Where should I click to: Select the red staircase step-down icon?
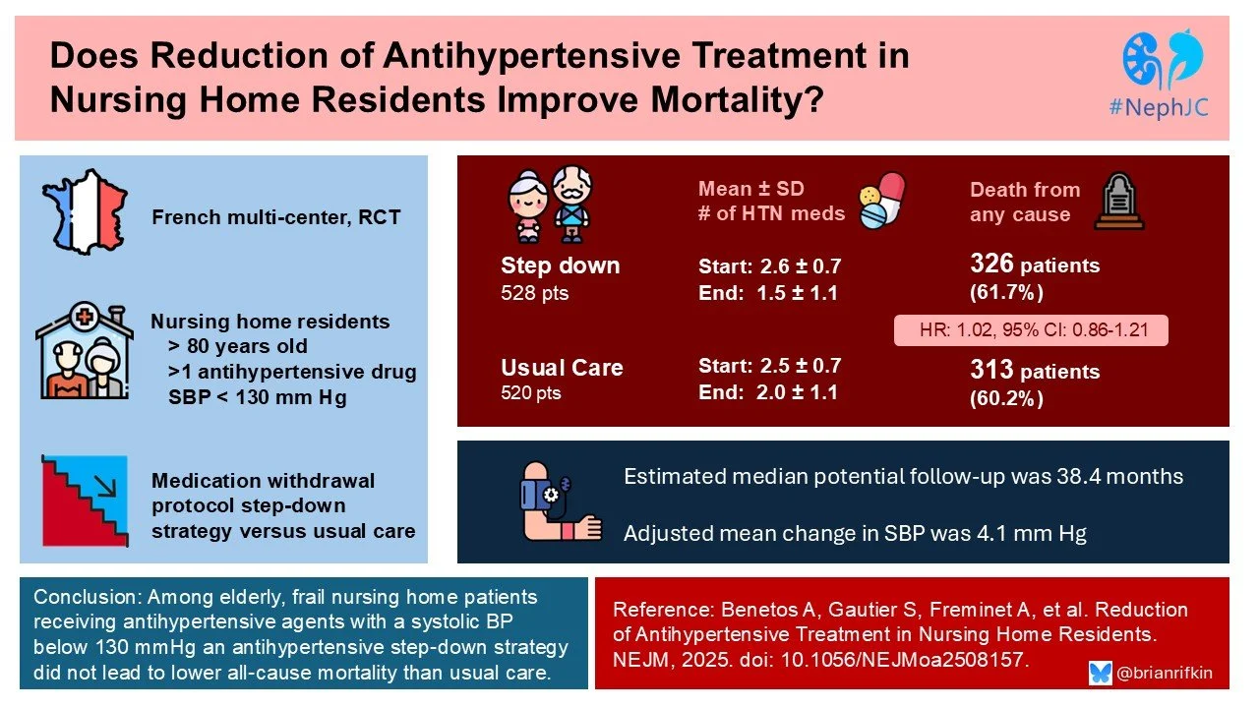coord(86,502)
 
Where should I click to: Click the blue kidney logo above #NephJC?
coord(1165,61)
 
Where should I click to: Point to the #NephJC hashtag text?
coord(1166,109)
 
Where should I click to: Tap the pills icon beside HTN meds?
coord(879,202)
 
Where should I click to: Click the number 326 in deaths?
coord(991,265)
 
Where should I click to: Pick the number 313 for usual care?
coord(991,371)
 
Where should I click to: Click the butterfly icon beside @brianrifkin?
coord(1101,674)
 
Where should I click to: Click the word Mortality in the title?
coord(714,99)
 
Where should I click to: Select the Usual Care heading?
coord(562,368)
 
